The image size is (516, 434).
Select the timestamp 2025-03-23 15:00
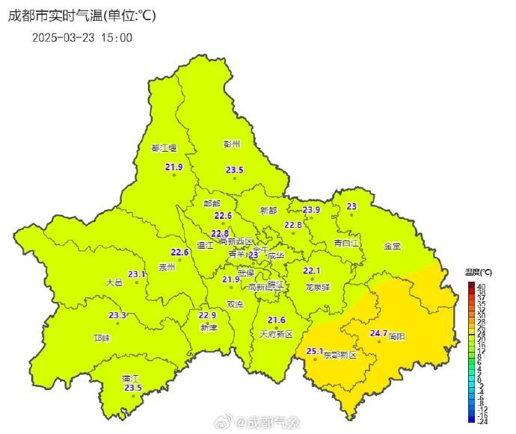(x=82, y=37)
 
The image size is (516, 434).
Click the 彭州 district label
(x=232, y=143)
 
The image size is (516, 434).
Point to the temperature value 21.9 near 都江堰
(x=173, y=167)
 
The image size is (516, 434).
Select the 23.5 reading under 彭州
(x=235, y=170)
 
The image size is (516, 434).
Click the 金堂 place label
(x=392, y=246)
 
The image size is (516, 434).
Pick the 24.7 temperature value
(x=379, y=333)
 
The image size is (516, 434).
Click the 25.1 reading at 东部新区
(x=315, y=351)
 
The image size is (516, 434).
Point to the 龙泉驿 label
(x=317, y=287)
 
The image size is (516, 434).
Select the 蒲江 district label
(x=131, y=378)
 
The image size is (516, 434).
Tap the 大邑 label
(x=114, y=282)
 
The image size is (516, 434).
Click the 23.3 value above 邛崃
(x=117, y=315)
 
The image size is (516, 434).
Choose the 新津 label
(x=208, y=328)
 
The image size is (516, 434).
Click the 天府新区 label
(x=276, y=333)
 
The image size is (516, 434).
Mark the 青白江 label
(x=346, y=243)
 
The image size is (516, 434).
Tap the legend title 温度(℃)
(x=478, y=271)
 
